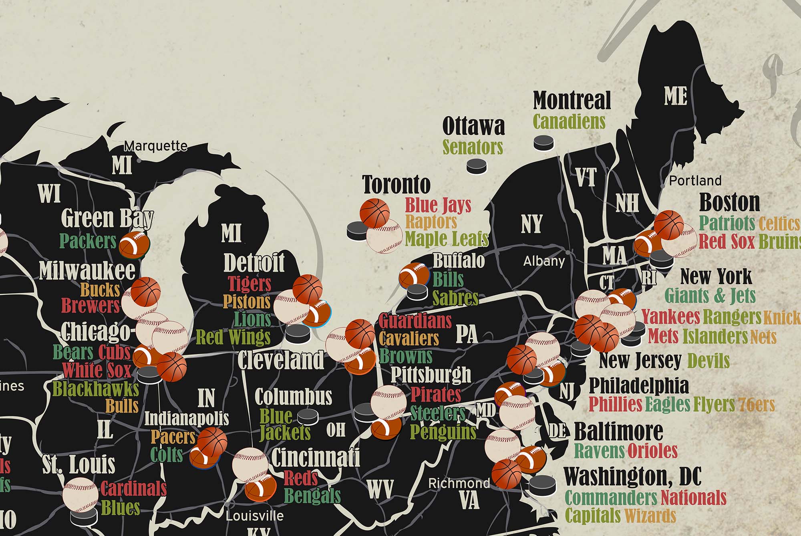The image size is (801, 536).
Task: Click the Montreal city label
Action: (572, 100)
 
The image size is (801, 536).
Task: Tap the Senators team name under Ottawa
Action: (473, 147)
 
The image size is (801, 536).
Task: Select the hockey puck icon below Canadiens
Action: (543, 143)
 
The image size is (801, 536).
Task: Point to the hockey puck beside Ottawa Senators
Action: (477, 165)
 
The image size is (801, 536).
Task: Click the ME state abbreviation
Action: (676, 96)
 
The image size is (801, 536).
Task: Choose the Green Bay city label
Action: (107, 218)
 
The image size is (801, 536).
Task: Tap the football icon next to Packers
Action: (135, 244)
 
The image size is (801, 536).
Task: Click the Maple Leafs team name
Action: (447, 239)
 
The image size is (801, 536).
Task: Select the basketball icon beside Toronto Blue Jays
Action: (374, 213)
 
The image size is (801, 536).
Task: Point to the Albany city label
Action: (544, 262)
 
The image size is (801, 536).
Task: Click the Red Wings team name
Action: (233, 337)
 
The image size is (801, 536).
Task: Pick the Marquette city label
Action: (155, 146)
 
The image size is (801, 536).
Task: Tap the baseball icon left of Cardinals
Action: (80, 494)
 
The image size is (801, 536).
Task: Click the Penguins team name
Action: (443, 432)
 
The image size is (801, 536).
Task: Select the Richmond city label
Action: (459, 483)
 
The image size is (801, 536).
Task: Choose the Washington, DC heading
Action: (632, 477)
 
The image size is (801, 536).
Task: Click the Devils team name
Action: (708, 361)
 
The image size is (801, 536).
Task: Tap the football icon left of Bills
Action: (414, 275)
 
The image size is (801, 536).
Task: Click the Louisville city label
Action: (254, 516)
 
